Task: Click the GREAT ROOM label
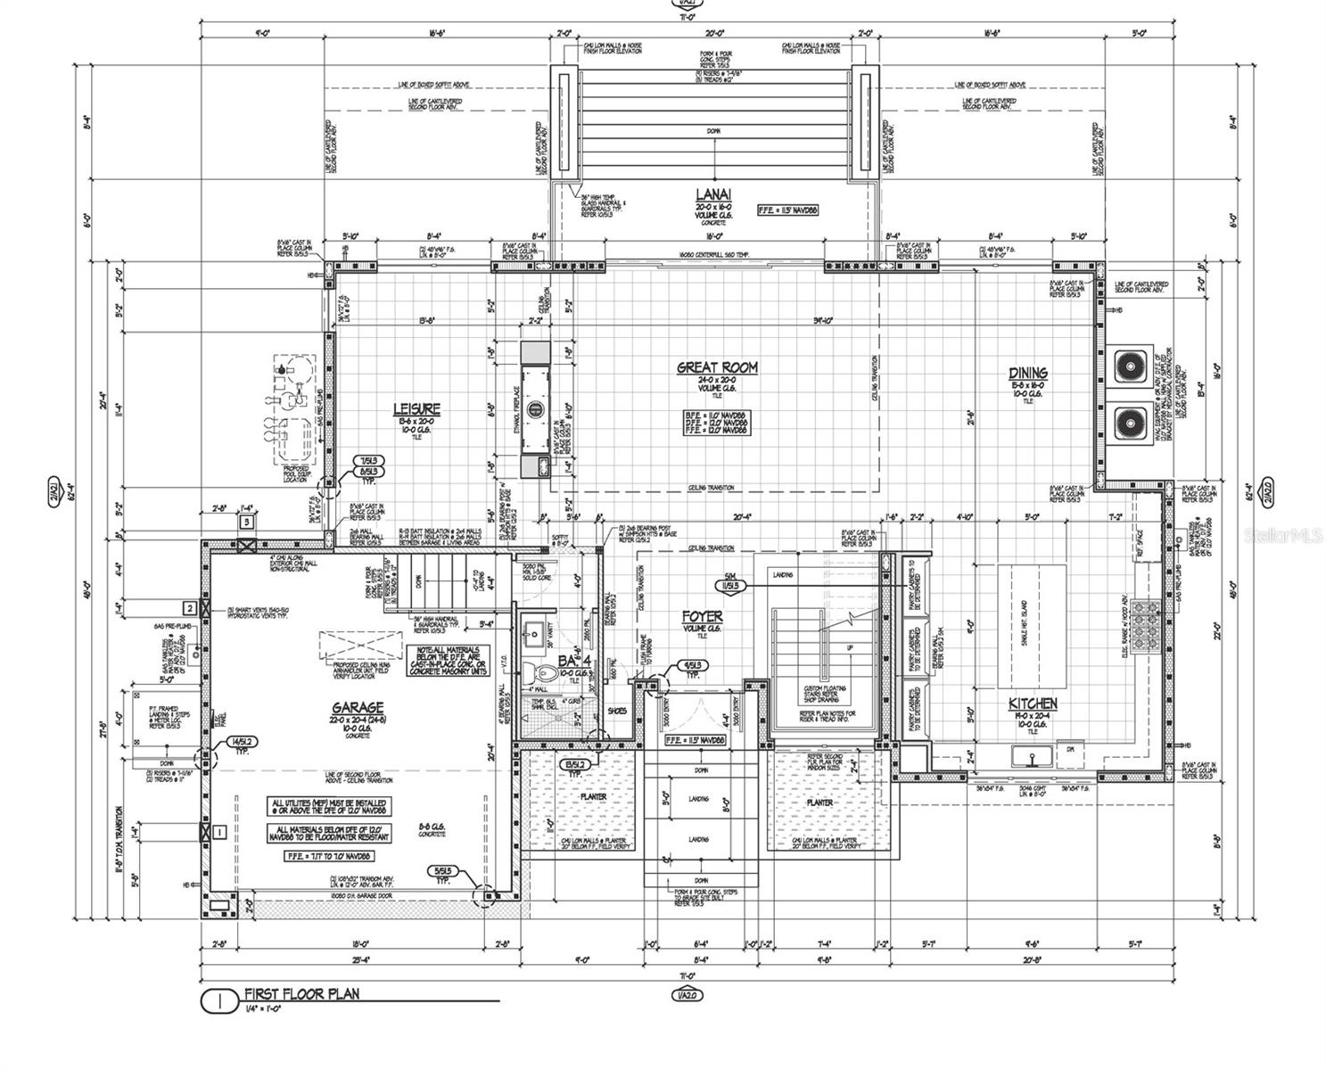tap(716, 366)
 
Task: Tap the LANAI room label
tap(713, 193)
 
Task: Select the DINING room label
tap(1027, 373)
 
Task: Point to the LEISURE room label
tap(416, 409)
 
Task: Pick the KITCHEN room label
tap(1033, 704)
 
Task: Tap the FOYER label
tap(702, 616)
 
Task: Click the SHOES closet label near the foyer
tap(615, 711)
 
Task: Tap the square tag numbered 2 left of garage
tap(189, 608)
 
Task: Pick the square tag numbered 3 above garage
tap(247, 521)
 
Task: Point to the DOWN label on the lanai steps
tap(713, 131)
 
